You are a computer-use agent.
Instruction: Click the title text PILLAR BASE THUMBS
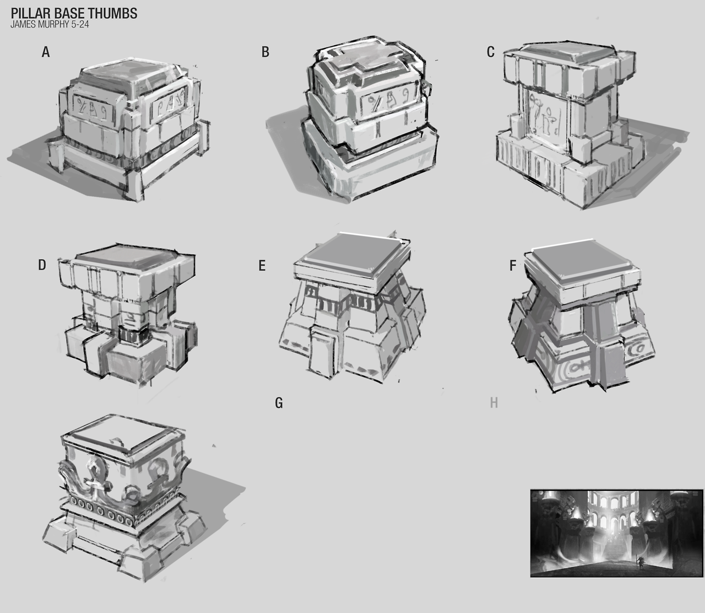click(x=74, y=13)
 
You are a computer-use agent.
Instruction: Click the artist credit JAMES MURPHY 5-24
click(x=50, y=24)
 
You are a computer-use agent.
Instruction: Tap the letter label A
click(x=46, y=52)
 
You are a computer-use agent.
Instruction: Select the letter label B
click(x=265, y=52)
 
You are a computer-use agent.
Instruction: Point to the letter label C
click(x=491, y=52)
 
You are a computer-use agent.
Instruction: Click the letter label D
click(x=42, y=265)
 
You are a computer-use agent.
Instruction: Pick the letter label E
click(x=262, y=266)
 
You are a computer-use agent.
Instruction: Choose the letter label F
click(x=513, y=266)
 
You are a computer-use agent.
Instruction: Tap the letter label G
click(x=279, y=402)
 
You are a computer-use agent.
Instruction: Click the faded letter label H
click(x=494, y=402)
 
